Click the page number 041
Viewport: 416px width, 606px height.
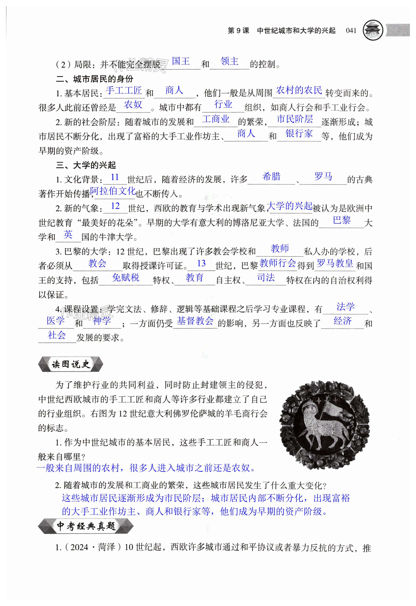click(351, 31)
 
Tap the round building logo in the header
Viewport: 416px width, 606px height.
click(373, 31)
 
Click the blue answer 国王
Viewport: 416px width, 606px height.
click(181, 61)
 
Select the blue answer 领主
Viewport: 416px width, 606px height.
click(229, 61)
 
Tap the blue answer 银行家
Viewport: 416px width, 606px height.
click(299, 134)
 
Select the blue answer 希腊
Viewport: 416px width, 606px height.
click(271, 177)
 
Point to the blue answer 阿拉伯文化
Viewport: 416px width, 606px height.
click(113, 191)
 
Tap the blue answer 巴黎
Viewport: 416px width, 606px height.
click(342, 220)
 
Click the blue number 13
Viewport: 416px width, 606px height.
click(201, 263)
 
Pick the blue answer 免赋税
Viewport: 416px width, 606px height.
click(126, 278)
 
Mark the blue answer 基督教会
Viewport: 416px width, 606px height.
click(195, 321)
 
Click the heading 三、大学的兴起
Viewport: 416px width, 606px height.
click(86, 165)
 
